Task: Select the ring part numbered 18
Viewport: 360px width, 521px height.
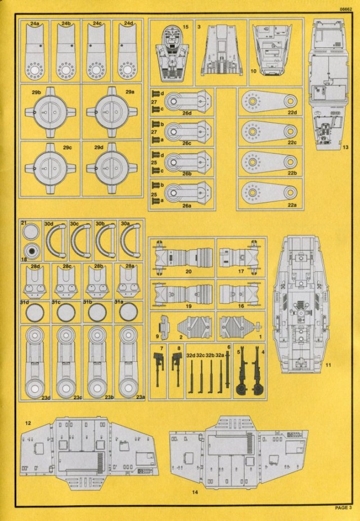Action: point(31,251)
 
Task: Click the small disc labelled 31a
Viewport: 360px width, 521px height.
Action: point(128,311)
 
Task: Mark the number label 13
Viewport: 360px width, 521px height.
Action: point(345,146)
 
